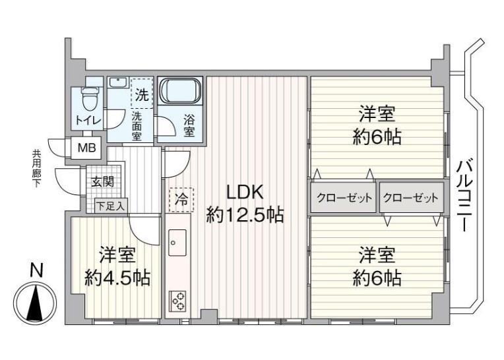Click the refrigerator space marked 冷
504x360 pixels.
[179, 198]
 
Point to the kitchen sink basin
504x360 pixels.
[177, 243]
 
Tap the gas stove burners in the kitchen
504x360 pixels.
[177, 301]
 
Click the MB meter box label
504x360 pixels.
[86, 148]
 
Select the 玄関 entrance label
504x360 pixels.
[102, 183]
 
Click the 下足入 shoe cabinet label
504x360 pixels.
[110, 206]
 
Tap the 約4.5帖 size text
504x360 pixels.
[117, 278]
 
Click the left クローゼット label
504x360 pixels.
[343, 198]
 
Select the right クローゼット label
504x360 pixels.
[410, 198]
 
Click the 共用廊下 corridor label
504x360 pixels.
[36, 168]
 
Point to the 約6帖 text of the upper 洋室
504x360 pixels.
[377, 138]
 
